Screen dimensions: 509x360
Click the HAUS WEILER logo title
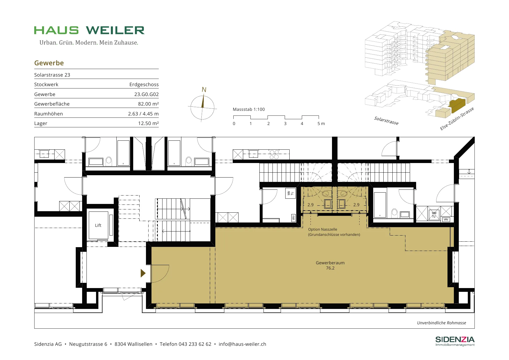[89, 30]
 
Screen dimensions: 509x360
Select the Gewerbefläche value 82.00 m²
[148, 104]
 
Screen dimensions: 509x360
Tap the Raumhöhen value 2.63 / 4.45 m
[143, 114]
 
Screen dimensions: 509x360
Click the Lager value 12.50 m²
[148, 123]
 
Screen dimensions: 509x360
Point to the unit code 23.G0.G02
[147, 94]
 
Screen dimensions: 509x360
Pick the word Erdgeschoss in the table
[144, 84]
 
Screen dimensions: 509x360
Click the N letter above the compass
[204, 90]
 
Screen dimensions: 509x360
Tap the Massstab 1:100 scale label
[249, 109]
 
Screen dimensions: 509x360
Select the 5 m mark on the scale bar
[321, 124]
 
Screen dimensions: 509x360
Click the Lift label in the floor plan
[98, 225]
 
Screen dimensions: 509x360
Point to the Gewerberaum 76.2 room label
[330, 265]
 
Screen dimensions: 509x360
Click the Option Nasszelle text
[323, 229]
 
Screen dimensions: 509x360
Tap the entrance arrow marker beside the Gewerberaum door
[143, 273]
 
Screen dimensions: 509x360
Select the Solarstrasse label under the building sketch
[386, 121]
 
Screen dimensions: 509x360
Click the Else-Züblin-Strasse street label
[457, 119]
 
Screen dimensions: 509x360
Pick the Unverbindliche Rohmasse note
[442, 323]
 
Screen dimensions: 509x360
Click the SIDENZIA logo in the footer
[455, 341]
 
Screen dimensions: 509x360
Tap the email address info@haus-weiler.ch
[242, 344]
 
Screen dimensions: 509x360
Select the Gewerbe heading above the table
[49, 63]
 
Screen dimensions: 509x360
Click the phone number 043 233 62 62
[195, 344]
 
